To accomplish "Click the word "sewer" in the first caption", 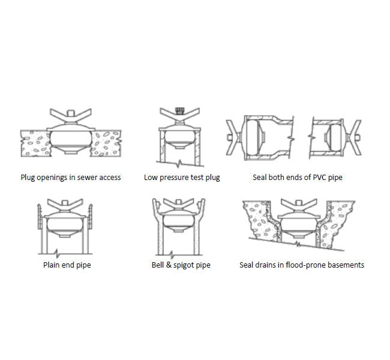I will click(x=84, y=178).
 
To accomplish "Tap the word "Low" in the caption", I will click(x=151, y=178).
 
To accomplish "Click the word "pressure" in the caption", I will click(x=173, y=178).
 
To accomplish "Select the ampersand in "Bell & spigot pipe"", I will click(x=167, y=265).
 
